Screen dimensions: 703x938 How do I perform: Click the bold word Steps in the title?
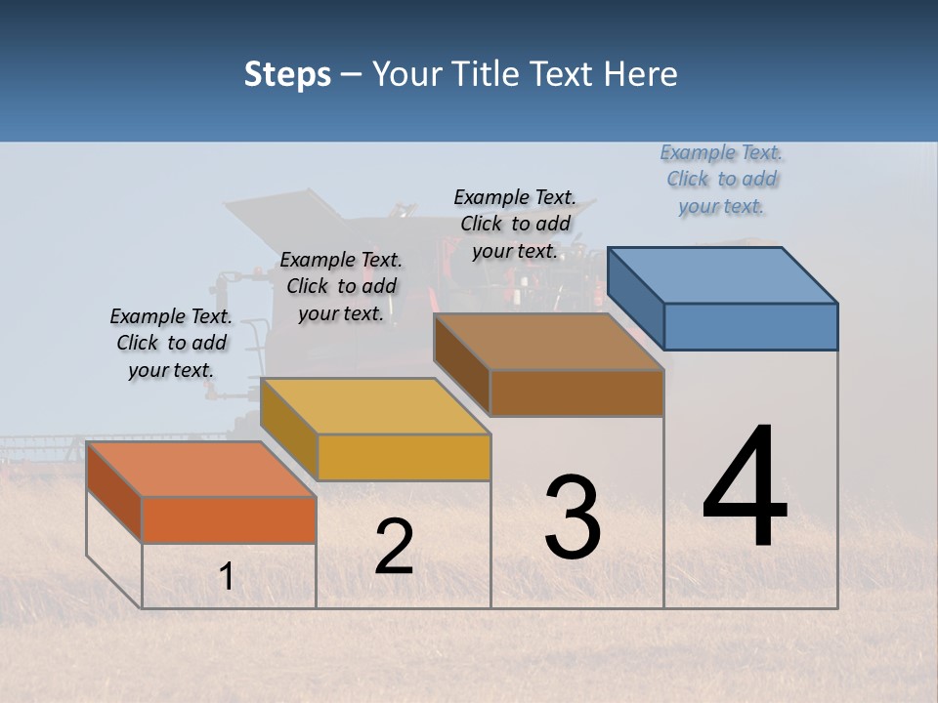[x=287, y=74]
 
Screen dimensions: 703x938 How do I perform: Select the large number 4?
[x=745, y=488]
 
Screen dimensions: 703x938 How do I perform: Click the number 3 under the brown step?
[x=573, y=517]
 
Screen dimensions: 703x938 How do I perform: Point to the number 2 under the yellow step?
[x=394, y=547]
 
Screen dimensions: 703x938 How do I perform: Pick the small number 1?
[x=226, y=577]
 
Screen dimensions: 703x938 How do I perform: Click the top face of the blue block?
[x=723, y=274]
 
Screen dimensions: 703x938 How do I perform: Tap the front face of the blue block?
[x=750, y=326]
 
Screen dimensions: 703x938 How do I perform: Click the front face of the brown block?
[x=576, y=393]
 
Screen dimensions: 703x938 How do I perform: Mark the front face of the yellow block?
[x=404, y=457]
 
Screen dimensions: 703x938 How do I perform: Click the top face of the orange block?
[x=201, y=469]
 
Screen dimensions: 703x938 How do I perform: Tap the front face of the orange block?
[x=229, y=519]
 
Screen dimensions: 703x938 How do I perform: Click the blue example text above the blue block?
[x=721, y=180]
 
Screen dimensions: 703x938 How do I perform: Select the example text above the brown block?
[x=515, y=225]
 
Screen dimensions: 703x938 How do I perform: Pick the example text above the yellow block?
[x=341, y=287]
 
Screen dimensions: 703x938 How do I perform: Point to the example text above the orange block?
[x=171, y=344]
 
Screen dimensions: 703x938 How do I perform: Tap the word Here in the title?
[x=641, y=74]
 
